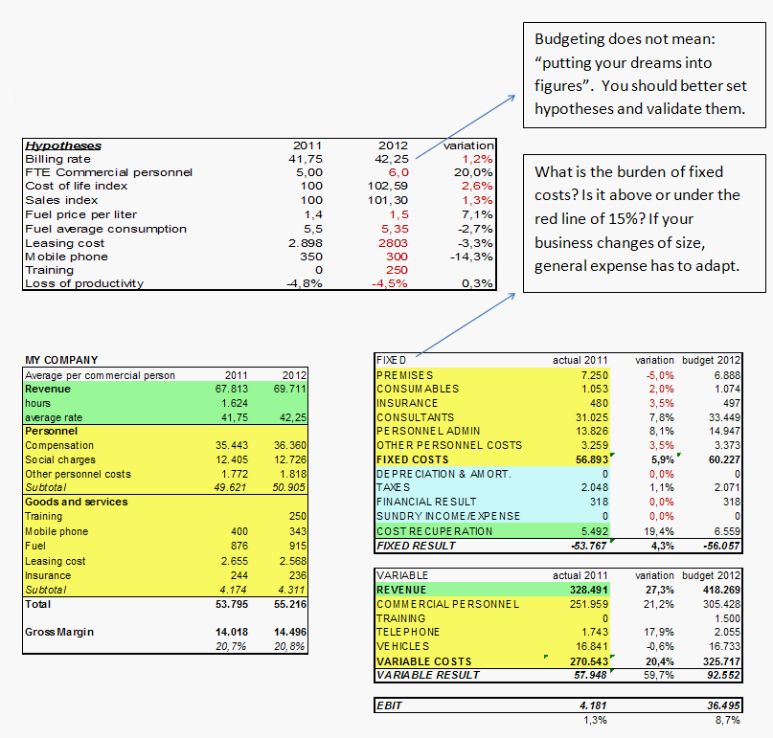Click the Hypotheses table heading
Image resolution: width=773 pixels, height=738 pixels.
[63, 145]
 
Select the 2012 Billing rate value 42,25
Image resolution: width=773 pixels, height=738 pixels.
[392, 159]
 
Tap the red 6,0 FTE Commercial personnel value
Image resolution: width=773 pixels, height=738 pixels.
[398, 172]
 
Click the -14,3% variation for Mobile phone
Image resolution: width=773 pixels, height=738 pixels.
[471, 257]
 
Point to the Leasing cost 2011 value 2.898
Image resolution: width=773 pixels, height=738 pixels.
[306, 243]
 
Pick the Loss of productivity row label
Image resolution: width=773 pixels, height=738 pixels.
[84, 283]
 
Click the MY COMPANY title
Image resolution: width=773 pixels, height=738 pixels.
[61, 360]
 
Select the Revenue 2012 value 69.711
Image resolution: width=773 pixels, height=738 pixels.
[290, 389]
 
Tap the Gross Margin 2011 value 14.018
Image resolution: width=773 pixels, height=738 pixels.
[232, 632]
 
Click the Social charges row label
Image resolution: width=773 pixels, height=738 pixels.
[60, 459]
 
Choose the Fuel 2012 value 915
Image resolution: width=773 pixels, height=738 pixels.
[298, 546]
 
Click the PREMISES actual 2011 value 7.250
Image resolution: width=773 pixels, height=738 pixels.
[595, 375]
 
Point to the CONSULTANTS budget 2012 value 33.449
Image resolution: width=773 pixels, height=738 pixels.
[725, 417]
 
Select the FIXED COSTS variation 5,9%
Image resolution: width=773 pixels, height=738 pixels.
[663, 459]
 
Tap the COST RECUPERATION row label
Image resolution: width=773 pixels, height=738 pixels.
[434, 531]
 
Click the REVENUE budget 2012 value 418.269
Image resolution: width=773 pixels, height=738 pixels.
[721, 590]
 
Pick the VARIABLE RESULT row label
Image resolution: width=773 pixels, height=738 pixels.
[428, 675]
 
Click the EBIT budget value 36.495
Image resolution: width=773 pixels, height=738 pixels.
[724, 705]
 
